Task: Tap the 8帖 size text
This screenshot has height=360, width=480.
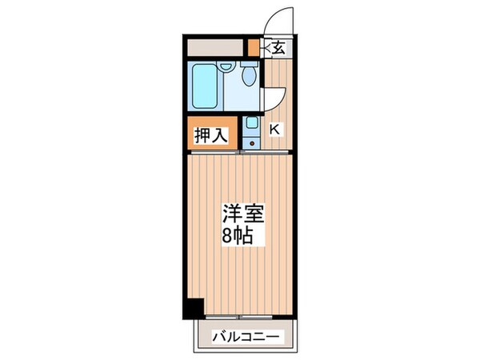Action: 240,235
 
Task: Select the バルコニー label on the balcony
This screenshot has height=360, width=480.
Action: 245,337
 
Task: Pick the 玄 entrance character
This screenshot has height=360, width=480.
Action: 278,48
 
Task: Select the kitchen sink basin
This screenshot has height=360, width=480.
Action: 252,124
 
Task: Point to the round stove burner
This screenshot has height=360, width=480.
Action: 252,142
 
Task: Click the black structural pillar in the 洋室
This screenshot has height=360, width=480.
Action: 193,307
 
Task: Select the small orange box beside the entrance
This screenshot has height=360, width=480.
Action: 253,47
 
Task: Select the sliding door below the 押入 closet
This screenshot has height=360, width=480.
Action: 211,150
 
